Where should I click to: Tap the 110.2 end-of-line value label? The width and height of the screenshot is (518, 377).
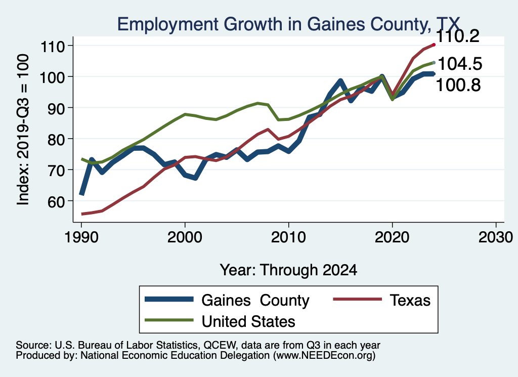click(458, 36)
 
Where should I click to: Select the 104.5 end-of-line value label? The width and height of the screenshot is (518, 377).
click(459, 64)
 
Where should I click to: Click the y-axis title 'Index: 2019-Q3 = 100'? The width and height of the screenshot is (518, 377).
click(23, 131)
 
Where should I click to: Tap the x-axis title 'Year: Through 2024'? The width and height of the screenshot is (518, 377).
click(288, 270)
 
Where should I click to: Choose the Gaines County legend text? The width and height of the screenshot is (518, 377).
click(255, 300)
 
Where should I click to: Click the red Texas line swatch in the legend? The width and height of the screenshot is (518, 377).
click(357, 300)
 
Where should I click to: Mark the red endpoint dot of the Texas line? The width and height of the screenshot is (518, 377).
click(434, 45)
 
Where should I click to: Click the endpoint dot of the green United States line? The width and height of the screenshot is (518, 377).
click(434, 63)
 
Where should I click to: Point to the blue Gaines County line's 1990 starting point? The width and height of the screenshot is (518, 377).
click(81, 194)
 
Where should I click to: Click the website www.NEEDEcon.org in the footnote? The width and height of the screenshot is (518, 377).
click(324, 356)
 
